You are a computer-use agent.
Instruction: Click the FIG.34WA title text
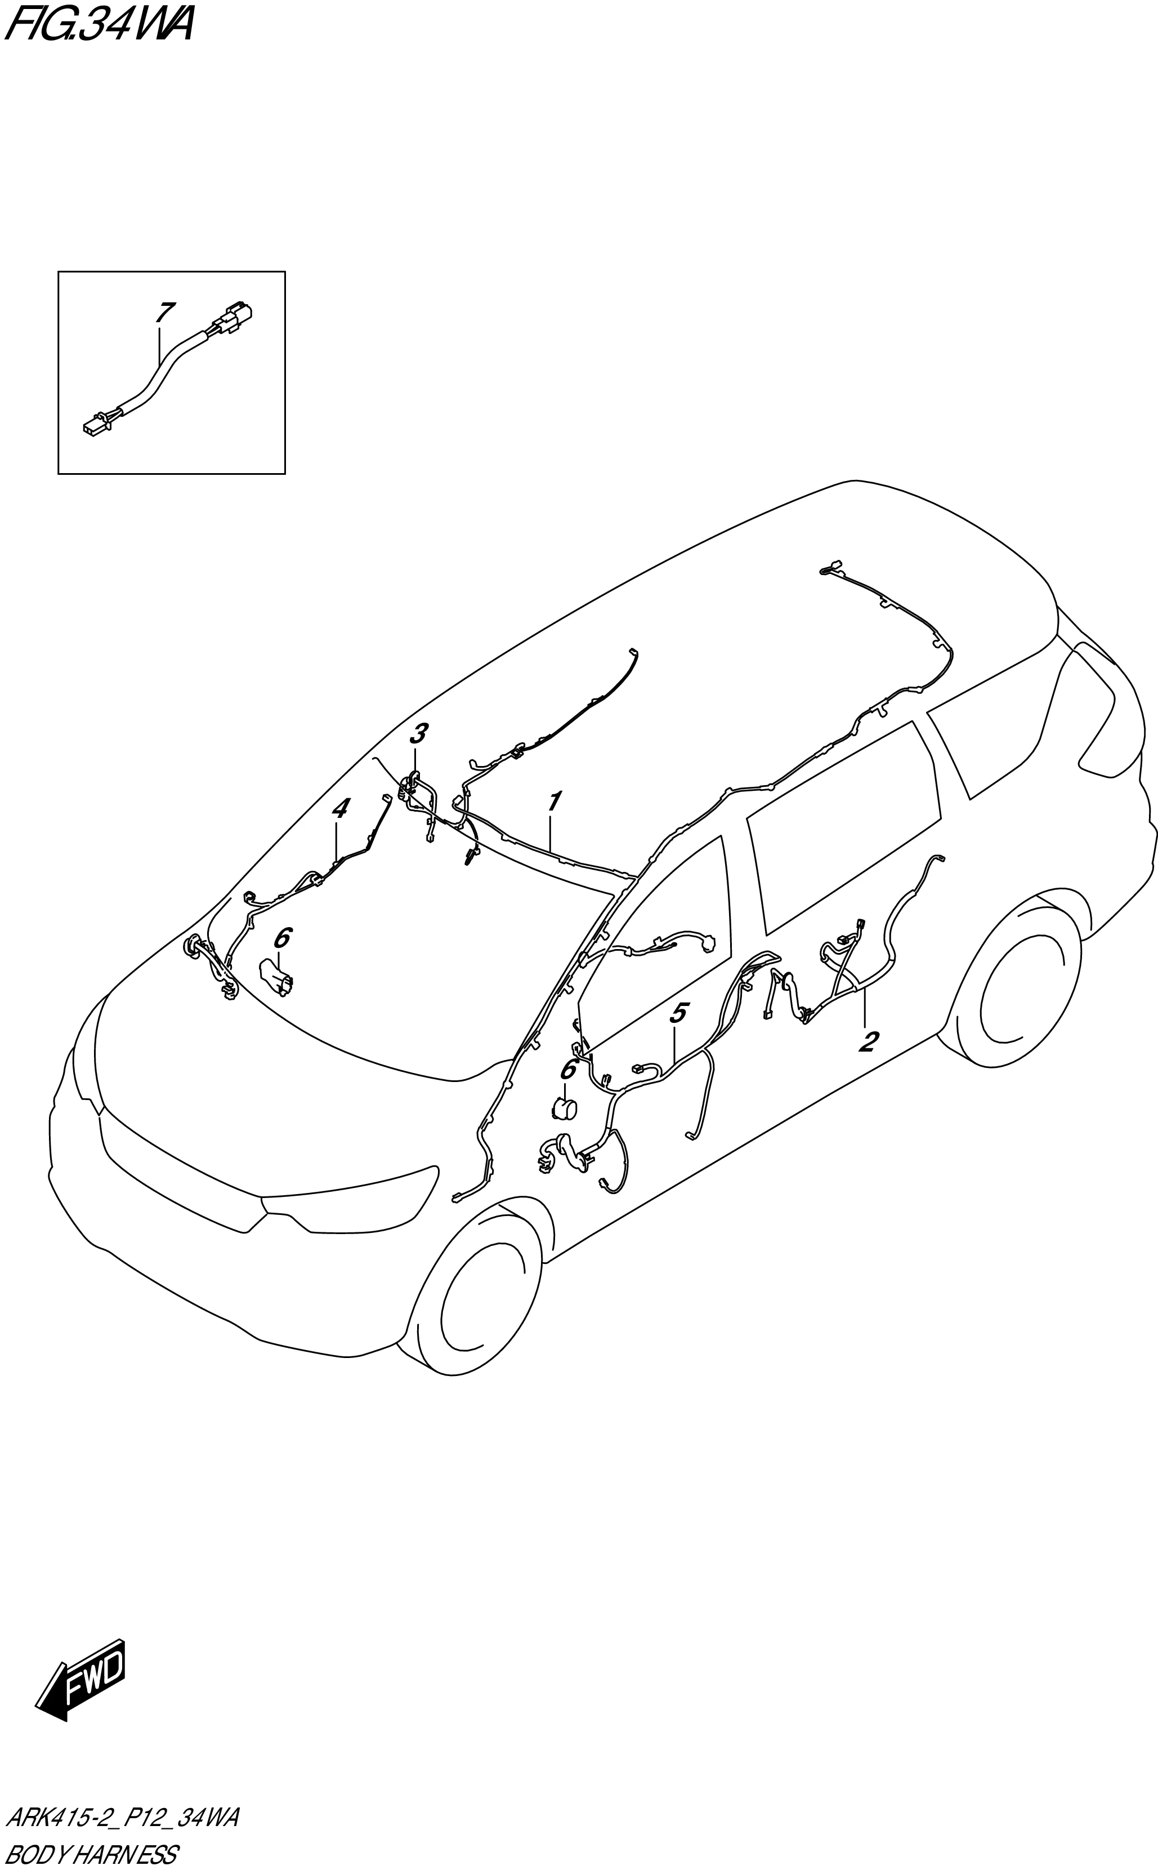coord(100,25)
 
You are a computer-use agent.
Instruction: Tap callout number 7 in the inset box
coord(164,313)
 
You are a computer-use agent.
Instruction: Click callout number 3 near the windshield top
coord(417,734)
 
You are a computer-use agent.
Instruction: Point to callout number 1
coord(554,802)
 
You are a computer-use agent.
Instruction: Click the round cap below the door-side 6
coord(565,1108)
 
